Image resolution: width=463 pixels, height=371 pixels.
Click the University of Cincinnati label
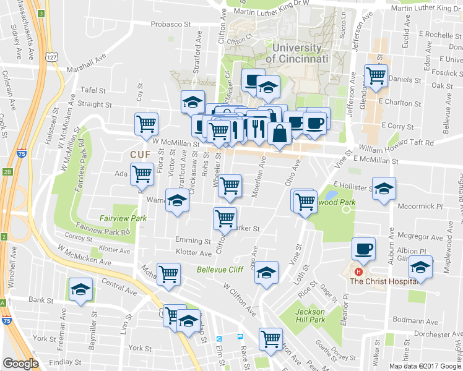tap(297, 54)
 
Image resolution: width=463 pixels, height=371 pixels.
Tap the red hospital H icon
tap(357, 271)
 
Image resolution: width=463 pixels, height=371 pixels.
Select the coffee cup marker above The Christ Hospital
tap(363, 249)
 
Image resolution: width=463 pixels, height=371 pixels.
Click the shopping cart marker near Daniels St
tap(376, 75)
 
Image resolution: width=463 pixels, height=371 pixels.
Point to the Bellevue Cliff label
tap(220, 270)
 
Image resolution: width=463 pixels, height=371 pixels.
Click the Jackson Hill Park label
tap(310, 315)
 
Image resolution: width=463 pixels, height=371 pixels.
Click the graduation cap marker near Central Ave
tap(81, 289)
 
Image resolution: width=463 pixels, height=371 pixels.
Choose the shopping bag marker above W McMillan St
tap(280, 133)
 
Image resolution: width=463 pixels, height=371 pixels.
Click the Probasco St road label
tap(170, 25)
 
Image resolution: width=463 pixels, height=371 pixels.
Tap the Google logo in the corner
tap(20, 364)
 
